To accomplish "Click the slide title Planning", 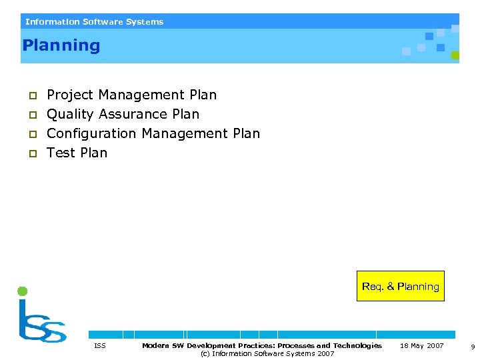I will point(61,46).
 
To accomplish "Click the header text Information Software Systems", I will point(94,22).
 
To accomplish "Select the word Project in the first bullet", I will point(69,95).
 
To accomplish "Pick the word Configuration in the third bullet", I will point(91,133).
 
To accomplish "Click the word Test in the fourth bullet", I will point(61,153).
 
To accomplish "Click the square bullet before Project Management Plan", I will point(31,96).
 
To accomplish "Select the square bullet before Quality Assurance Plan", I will point(31,115).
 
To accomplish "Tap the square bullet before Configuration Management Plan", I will point(31,134).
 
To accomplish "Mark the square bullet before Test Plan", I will point(31,153).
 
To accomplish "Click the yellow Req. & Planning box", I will point(400,286).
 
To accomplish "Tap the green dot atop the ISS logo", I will point(22,291).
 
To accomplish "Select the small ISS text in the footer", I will point(100,346).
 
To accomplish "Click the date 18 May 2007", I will point(421,346).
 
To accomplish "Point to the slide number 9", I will point(472,347).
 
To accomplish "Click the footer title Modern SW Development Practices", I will point(261,345).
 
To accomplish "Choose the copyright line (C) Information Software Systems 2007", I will point(267,354).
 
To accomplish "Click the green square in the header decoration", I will point(455,55).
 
